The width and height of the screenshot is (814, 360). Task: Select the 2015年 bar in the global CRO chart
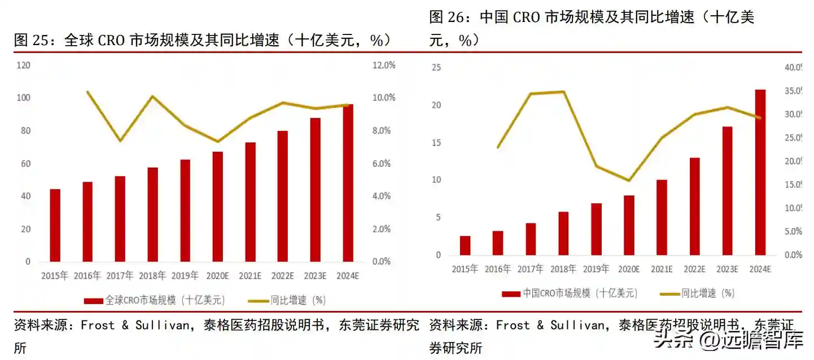[55, 225]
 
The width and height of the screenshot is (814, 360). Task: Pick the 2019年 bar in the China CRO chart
[597, 229]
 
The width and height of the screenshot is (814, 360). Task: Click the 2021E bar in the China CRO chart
[662, 217]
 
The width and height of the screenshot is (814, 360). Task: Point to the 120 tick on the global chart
[24, 65]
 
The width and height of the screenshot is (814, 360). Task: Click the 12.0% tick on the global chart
[384, 65]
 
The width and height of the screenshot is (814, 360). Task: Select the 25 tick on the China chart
[436, 67]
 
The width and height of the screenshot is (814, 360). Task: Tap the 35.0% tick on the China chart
[793, 91]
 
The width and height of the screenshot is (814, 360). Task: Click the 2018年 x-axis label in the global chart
[152, 276]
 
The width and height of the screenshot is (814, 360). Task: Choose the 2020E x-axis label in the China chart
[628, 269]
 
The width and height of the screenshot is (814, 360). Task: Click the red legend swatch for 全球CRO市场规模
[94, 301]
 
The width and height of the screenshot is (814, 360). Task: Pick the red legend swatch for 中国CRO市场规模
[511, 293]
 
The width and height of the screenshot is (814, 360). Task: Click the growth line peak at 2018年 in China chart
[563, 91]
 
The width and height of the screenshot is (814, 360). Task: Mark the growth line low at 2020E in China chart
[629, 181]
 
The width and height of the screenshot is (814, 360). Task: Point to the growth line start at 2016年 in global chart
[87, 91]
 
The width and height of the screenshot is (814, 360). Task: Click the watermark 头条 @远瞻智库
[729, 340]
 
